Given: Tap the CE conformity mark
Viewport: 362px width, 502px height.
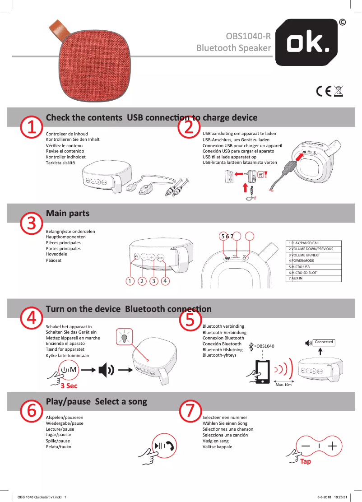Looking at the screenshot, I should point(324,91).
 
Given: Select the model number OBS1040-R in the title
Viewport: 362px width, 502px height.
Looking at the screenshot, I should point(248,36).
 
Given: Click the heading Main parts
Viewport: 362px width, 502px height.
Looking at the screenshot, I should point(68,213).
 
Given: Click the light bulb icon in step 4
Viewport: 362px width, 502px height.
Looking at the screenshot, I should point(124,337).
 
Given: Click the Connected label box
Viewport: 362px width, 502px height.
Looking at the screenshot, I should point(324,342).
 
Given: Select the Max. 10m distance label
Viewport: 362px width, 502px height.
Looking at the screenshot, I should point(283,385).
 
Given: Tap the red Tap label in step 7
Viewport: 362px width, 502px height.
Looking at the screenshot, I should point(306,461).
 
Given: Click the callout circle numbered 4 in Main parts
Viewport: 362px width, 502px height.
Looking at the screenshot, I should point(166,281).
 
